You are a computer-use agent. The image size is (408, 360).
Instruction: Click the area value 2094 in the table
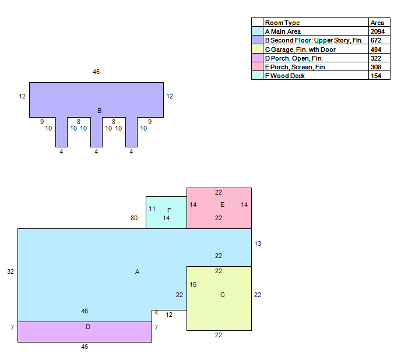click(377, 31)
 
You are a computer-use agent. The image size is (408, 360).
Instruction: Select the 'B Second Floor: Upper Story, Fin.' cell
click(316, 40)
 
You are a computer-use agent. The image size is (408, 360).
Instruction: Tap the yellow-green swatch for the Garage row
click(257, 49)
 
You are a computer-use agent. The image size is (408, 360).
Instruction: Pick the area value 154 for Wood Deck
click(376, 76)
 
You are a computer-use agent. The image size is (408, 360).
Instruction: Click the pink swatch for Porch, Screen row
click(257, 66)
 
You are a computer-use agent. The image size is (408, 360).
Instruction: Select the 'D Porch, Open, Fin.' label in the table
click(294, 58)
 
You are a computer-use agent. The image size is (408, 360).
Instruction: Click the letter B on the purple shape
click(99, 111)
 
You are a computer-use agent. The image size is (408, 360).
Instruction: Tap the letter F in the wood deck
click(169, 210)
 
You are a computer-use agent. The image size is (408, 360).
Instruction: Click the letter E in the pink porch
click(222, 204)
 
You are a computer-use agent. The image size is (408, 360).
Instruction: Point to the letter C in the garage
click(223, 295)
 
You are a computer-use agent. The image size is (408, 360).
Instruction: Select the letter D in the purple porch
click(88, 327)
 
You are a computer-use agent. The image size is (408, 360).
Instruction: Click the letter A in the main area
click(137, 272)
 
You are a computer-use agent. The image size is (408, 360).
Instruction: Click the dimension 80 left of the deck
click(134, 218)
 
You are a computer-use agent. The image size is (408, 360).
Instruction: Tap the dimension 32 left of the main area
click(10, 272)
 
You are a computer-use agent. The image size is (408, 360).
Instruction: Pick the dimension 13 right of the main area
click(258, 243)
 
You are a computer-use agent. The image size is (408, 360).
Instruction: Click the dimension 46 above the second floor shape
click(96, 72)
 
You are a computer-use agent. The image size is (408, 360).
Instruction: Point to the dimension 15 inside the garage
click(193, 285)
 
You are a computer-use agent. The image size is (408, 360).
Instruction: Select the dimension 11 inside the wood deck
click(152, 209)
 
